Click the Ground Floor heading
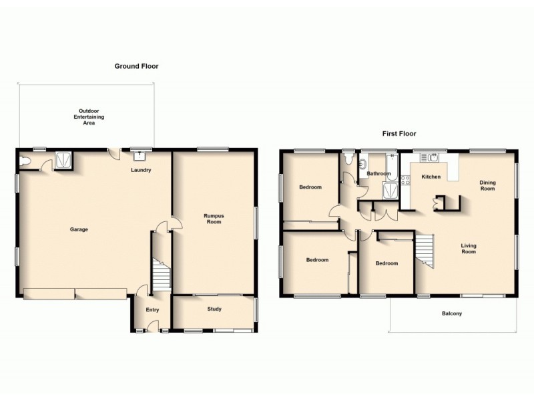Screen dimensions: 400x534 coord(136,66)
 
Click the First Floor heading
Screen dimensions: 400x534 coord(399,133)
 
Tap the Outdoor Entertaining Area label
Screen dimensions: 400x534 coord(89,117)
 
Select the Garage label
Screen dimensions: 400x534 coord(79,229)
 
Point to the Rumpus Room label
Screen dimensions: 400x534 coord(214,218)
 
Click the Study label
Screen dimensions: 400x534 coord(214,309)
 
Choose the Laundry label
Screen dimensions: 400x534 coord(141,170)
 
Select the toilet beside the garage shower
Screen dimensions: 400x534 coord(26,161)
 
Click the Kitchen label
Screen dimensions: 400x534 coord(431,177)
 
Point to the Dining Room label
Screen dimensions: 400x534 coord(487,185)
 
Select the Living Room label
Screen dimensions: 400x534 coord(469,249)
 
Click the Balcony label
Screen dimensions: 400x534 coord(452,313)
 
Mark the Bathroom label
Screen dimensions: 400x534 coord(378,173)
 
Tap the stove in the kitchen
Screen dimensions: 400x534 coord(405,179)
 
